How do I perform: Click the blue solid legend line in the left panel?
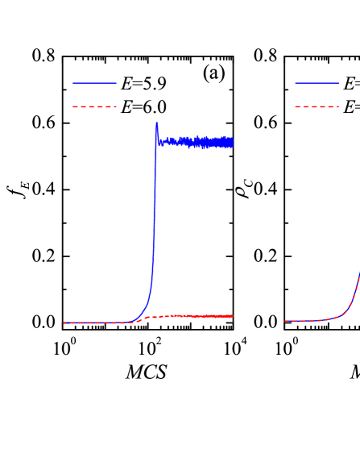click(x=94, y=82)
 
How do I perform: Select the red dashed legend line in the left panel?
click(x=94, y=106)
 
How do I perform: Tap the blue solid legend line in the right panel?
click(x=317, y=82)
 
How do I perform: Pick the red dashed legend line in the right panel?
click(x=317, y=106)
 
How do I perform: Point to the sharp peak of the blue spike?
click(x=157, y=123)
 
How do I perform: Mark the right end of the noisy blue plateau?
click(x=232, y=143)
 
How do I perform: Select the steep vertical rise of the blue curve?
click(x=155, y=210)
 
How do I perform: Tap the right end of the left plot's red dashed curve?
click(x=233, y=316)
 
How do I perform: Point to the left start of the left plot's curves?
click(x=64, y=322)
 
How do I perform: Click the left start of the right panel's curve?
click(x=285, y=321)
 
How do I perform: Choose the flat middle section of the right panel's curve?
click(x=310, y=321)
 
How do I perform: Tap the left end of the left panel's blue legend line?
click(x=73, y=82)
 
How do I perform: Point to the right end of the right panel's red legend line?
click(x=338, y=106)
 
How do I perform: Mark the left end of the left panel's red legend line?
click(x=73, y=106)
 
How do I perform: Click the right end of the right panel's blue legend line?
click(x=338, y=82)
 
